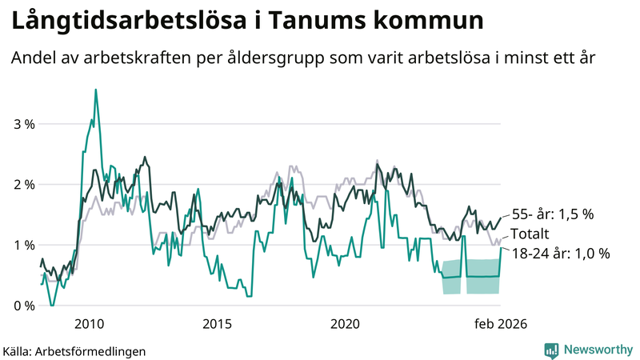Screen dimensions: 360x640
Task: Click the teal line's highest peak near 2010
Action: pos(96,90)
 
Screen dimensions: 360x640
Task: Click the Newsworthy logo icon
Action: pos(551,350)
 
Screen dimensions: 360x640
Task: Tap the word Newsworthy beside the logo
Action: pos(597,350)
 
